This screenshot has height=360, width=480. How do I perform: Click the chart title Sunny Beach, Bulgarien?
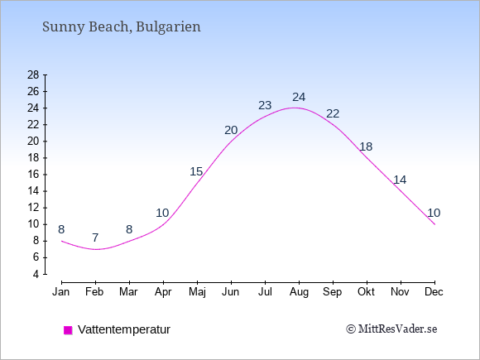coord(122,27)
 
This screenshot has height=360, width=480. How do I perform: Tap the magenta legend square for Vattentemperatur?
coord(68,330)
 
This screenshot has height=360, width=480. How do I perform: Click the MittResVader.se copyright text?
coord(391,329)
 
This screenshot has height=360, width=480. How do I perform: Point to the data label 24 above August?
coord(299,98)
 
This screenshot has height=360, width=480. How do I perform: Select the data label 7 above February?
coord(95,238)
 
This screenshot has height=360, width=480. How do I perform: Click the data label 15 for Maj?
coord(196,171)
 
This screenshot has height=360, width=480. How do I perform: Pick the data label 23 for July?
coord(265,105)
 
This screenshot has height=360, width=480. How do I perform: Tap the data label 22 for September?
coord(333,114)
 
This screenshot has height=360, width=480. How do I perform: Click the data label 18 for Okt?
coord(366,147)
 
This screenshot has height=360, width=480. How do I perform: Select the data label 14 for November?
coord(400,180)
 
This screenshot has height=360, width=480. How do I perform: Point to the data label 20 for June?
coord(231,131)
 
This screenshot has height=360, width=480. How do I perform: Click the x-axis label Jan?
coord(61,292)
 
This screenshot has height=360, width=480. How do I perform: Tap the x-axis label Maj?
coord(197,292)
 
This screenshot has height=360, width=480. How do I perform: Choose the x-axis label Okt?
coord(366,292)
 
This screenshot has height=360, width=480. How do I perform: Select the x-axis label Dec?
coord(434,292)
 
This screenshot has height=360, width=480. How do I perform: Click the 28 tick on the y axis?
coord(33,74)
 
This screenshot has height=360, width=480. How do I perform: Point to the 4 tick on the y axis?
coord(36,274)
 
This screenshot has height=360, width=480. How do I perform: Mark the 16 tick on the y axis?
coord(33,175)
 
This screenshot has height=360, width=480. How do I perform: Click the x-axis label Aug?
coord(299,292)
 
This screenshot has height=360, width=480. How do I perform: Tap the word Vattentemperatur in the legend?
coord(124,329)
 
